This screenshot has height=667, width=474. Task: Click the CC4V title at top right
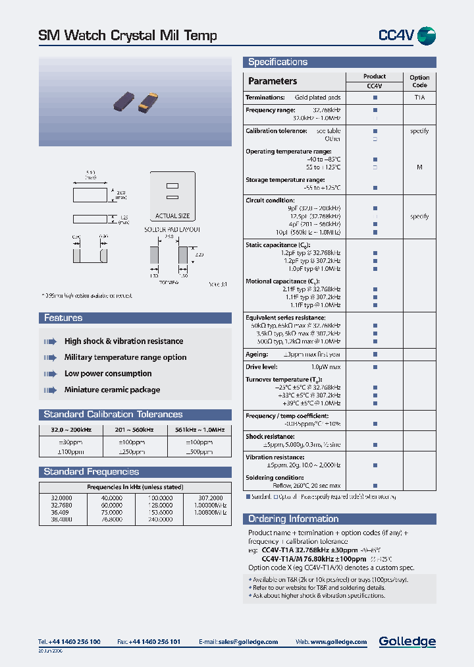pos(396,36)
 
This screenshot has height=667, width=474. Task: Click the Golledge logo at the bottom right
pos(407,641)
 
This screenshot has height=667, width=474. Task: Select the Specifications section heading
pos(278,63)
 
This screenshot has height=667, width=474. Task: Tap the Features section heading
pos(63,318)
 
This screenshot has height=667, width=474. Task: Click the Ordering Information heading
pos(293,519)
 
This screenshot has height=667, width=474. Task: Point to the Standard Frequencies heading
pos(91,472)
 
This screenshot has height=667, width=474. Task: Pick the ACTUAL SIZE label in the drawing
pos(172,216)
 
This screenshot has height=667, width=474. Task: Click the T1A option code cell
pos(419,98)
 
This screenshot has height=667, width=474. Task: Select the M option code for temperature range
pos(419,167)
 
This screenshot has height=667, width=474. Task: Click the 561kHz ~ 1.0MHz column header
pos(199,430)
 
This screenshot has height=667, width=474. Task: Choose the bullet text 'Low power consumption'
pos(108,374)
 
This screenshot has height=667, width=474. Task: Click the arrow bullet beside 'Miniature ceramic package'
pos(50,390)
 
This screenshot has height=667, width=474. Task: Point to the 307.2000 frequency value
pos(211,498)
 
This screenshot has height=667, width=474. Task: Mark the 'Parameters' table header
pos(273,81)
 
